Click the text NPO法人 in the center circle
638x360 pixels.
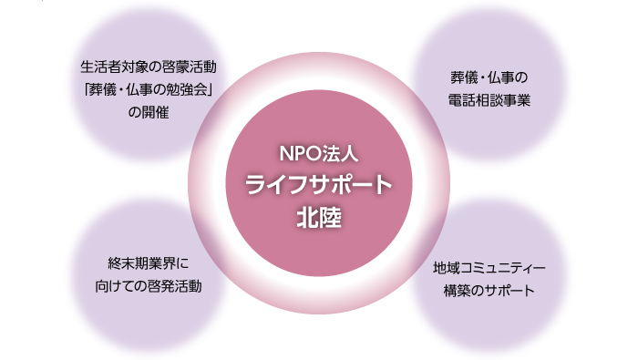point(318,154)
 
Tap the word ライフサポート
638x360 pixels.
point(318,184)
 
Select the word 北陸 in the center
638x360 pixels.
point(318,217)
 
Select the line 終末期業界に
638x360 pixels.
point(147,263)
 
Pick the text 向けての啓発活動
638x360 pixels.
point(147,285)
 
